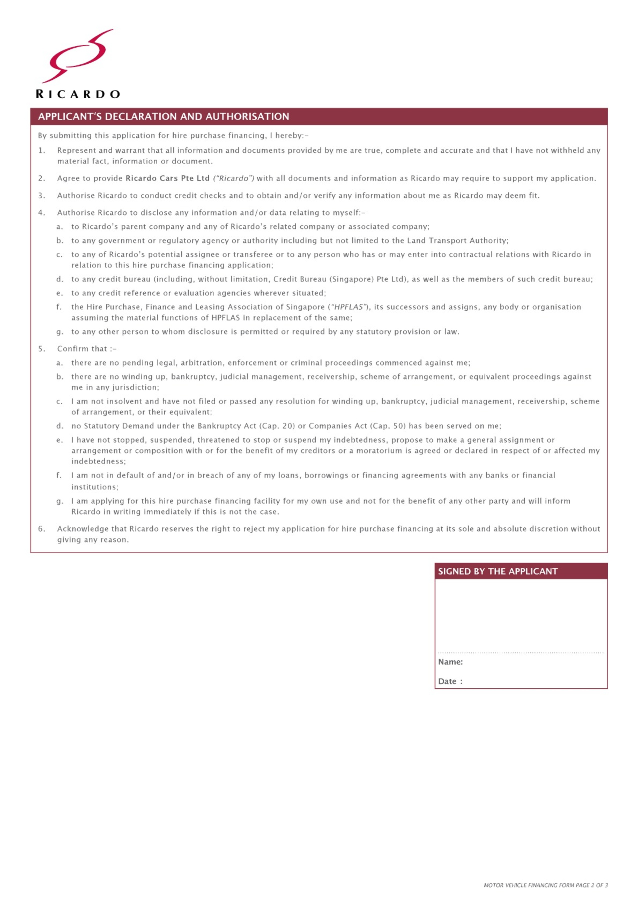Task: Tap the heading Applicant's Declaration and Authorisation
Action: coord(163,117)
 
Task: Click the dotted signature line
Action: coord(521,653)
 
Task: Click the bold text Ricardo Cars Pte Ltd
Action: coord(167,178)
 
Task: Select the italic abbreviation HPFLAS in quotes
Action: coord(348,307)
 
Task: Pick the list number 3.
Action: coord(41,196)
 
